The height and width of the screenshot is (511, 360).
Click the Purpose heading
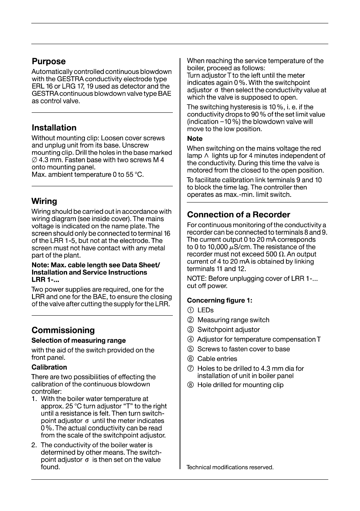pos(48,61)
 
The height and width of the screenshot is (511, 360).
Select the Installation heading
pos(54,128)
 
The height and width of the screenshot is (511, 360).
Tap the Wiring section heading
pos(44,201)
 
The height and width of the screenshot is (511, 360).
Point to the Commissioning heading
pos(63,330)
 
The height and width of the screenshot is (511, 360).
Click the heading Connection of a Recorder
pos(238,215)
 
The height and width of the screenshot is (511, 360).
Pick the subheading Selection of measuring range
pos(78,341)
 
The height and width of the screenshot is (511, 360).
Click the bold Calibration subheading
pos(49,367)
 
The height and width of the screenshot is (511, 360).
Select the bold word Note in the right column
pos(195,139)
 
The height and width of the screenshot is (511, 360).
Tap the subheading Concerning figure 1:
pos(220,301)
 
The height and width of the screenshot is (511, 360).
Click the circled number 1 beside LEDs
pos(191,310)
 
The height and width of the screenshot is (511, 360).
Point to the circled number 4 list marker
pos(191,339)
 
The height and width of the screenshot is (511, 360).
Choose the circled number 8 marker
pos(191,385)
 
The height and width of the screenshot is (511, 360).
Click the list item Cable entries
pos(217,359)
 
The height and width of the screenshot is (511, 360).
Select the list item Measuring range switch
pos(233,320)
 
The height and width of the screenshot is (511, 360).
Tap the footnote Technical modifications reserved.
pos(230,467)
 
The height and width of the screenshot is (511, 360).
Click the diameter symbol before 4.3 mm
pos(34,160)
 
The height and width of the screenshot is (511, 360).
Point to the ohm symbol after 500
pos(282,255)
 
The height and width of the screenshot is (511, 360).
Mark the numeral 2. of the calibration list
pos(34,445)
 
